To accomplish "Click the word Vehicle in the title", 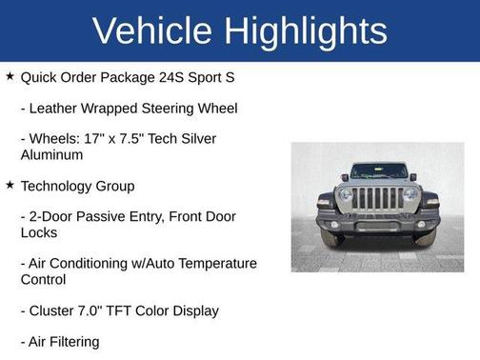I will click(x=153, y=30).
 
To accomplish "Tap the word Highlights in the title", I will click(x=307, y=30).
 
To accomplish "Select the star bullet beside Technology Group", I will click(x=10, y=186).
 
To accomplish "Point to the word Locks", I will click(x=39, y=231).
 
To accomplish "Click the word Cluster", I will click(x=55, y=310).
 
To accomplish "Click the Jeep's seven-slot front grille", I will click(x=378, y=199).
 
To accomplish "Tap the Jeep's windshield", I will click(x=378, y=172).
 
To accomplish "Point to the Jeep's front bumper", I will click(x=378, y=225).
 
